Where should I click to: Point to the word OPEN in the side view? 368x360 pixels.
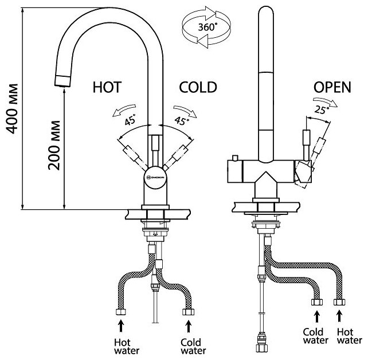331,88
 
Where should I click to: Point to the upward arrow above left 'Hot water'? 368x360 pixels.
121,324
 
